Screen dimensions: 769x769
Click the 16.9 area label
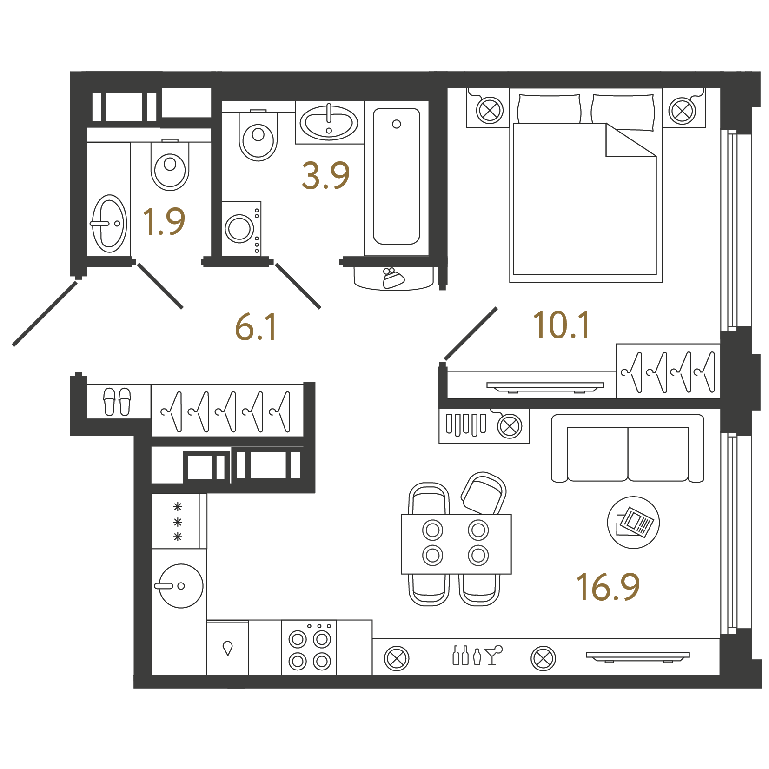(x=608, y=587)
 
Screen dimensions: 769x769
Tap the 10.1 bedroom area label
(x=562, y=325)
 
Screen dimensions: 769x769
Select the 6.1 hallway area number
(x=256, y=327)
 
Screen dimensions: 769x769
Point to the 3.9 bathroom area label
(x=325, y=176)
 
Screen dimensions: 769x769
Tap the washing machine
(x=241, y=228)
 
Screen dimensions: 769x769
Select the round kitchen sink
(x=180, y=586)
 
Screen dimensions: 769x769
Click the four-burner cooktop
(x=309, y=648)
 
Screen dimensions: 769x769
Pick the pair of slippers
(x=117, y=402)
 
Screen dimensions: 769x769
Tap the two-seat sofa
(x=628, y=449)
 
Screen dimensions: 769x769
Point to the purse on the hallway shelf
(x=393, y=278)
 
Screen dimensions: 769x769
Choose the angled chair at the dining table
(x=484, y=494)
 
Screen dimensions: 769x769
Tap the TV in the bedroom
(x=545, y=387)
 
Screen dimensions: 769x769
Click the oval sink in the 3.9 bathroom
(x=329, y=123)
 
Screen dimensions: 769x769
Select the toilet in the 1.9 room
(x=170, y=165)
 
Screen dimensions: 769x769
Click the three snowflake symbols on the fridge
(x=178, y=522)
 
